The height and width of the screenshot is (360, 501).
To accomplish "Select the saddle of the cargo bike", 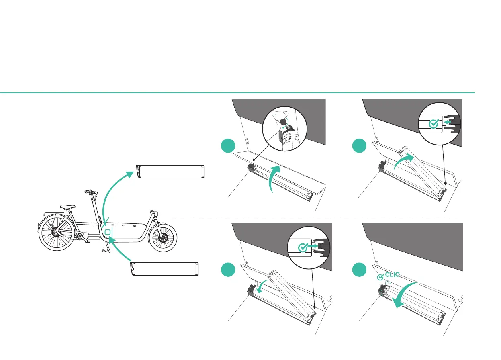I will tap(67, 207).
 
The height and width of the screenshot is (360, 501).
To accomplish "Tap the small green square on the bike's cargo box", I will tap(108, 233).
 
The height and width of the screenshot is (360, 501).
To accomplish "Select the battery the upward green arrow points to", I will tap(171, 171).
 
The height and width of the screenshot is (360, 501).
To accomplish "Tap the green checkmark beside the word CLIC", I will tap(380, 277).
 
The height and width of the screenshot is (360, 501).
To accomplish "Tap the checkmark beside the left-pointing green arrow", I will tap(433, 124).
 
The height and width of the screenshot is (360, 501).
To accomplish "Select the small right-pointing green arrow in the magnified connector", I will tap(313, 248).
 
